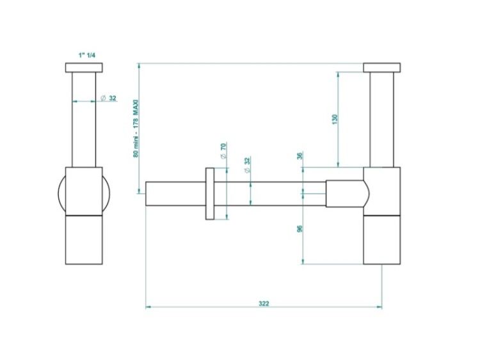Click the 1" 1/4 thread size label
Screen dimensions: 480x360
(87, 56)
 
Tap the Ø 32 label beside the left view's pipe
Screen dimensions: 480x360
(109, 98)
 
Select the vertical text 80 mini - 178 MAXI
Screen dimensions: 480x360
(136, 128)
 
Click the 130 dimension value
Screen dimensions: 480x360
(335, 119)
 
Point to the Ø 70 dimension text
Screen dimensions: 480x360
(223, 150)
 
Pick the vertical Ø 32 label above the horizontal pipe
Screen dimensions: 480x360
(247, 164)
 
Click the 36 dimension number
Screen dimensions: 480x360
(300, 155)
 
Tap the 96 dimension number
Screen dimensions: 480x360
(300, 228)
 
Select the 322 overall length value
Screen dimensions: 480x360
(264, 303)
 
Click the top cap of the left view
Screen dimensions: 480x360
(84, 68)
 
